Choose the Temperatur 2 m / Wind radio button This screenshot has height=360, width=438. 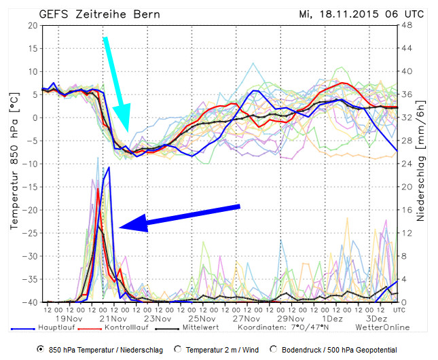(179, 348)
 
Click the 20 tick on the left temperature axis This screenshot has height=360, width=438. (31, 25)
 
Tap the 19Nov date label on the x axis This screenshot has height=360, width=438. (69, 318)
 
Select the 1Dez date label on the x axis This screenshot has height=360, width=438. (332, 318)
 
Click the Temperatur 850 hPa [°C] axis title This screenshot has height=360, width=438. (13, 163)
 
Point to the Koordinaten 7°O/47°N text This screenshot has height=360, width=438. (283, 327)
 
